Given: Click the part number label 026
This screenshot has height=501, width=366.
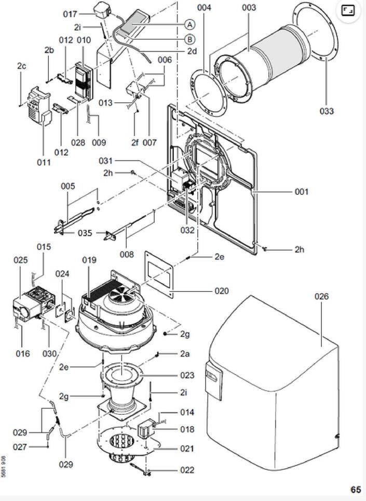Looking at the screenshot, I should [322, 297].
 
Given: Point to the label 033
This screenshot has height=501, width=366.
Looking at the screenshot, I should [327, 111].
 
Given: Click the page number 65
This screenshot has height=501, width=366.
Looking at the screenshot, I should [355, 490].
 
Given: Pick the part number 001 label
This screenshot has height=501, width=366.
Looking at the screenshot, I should [302, 192].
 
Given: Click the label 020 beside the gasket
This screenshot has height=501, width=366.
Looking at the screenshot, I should [222, 291].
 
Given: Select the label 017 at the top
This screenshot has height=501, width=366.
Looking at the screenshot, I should [71, 14].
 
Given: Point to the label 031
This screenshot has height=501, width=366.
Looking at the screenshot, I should [105, 161].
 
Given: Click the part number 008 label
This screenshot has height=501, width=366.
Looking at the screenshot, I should [127, 254].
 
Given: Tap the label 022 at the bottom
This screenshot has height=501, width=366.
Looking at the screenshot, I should [187, 470].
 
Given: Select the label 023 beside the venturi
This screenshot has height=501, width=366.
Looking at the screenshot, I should [187, 375].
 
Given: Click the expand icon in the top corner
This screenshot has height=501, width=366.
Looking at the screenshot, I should [348, 10].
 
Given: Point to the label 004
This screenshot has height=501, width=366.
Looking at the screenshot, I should [204, 8].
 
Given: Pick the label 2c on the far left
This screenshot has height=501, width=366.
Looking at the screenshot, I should [21, 66].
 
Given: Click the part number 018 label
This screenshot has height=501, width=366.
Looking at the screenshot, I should [187, 429].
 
